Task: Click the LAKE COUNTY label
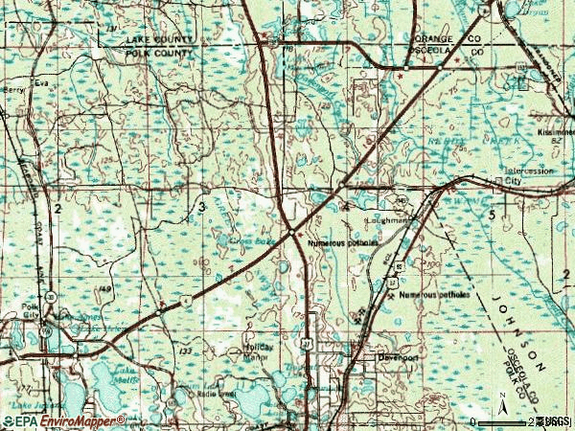[159, 39]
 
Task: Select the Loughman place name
[387, 220]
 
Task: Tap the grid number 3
[202, 207]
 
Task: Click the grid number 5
[491, 215]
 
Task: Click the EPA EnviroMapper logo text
[63, 420]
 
